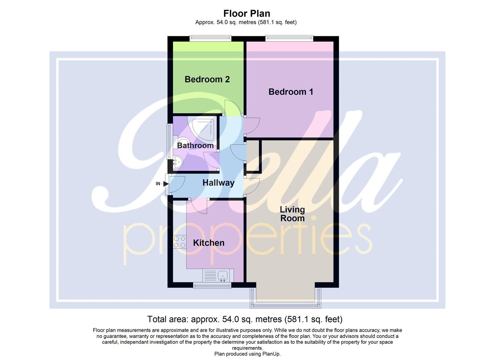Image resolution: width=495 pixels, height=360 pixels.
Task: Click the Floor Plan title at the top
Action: point(246,13)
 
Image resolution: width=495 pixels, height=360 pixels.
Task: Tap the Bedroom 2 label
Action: point(207,79)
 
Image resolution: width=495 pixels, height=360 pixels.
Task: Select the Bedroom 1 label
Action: point(291,92)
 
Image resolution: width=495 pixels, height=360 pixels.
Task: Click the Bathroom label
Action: point(195,146)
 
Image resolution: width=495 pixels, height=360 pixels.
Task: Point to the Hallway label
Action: point(218,183)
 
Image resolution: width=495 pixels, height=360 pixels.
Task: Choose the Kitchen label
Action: point(209,243)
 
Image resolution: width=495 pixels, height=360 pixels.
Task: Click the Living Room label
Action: point(292,214)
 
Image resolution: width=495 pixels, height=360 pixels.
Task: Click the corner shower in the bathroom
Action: point(202,128)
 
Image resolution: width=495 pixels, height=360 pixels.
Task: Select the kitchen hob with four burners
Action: point(180,242)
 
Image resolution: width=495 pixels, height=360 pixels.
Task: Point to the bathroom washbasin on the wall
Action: point(177,163)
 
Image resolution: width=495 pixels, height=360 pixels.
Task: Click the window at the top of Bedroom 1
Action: point(289,39)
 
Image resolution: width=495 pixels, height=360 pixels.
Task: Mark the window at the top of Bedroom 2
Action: point(210,39)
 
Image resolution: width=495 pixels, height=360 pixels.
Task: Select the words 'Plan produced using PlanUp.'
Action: point(247,354)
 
